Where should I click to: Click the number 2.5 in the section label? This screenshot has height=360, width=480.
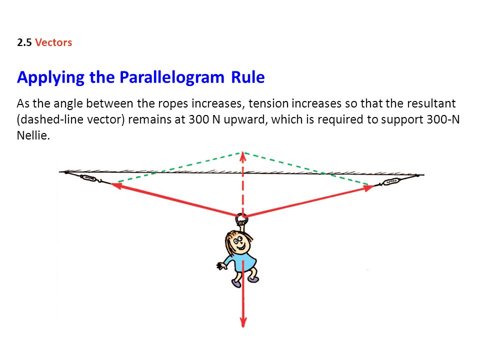click(x=24, y=42)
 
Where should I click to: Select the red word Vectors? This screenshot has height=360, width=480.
click(x=53, y=42)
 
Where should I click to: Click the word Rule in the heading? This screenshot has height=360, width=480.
click(x=248, y=77)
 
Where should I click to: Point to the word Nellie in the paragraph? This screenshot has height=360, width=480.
click(x=33, y=135)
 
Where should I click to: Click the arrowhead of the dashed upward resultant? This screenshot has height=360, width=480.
click(x=243, y=156)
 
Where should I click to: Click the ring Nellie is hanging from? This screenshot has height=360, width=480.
click(x=241, y=218)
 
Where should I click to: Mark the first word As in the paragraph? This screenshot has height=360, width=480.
click(x=23, y=103)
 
